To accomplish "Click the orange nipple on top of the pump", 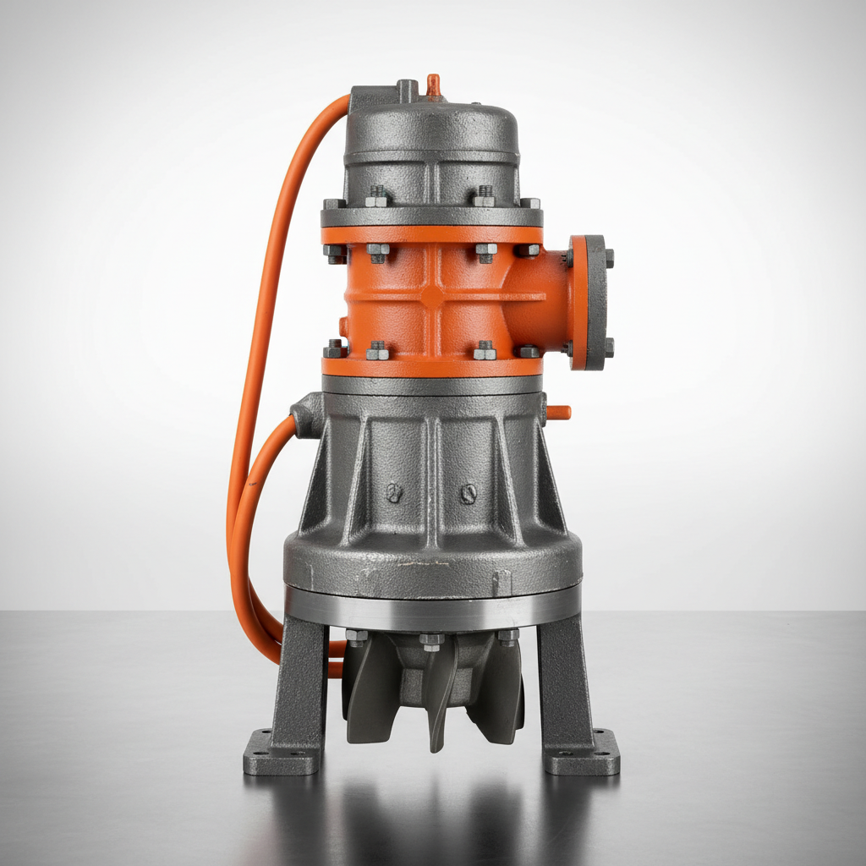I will [x=433, y=85].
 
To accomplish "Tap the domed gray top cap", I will [x=431, y=135].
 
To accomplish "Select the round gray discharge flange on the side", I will [x=589, y=302].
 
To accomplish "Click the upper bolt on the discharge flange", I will [x=608, y=257].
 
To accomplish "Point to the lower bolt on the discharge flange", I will [x=608, y=347].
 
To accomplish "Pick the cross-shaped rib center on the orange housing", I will [x=432, y=297].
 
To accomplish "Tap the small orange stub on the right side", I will [x=559, y=413].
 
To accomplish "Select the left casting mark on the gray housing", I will [x=392, y=493].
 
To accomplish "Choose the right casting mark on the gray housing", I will [x=468, y=493].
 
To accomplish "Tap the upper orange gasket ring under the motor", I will [x=432, y=234].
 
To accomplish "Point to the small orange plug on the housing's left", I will [x=343, y=326].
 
